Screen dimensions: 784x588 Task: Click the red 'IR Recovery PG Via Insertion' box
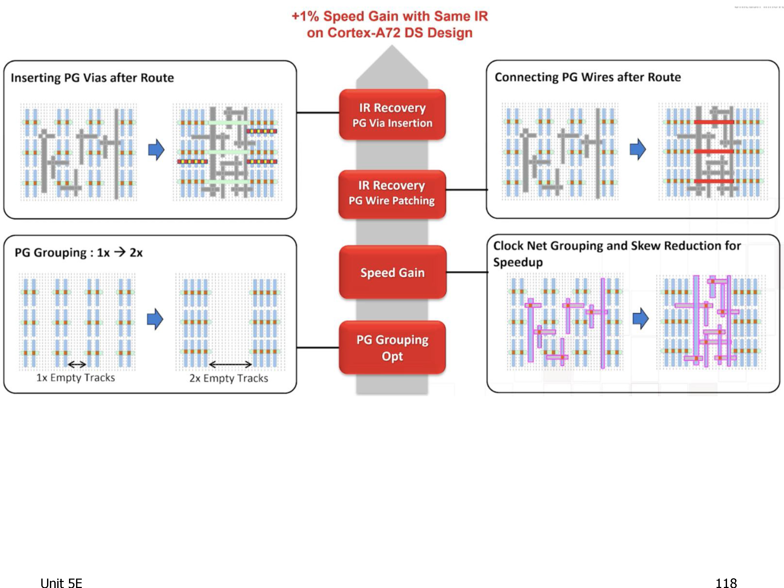(392, 114)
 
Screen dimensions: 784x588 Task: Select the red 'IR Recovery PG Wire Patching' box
(392, 194)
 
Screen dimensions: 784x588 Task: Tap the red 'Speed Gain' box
(392, 272)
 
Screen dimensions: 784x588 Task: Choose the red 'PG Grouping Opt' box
(392, 347)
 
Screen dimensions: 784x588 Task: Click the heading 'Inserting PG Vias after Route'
(92, 78)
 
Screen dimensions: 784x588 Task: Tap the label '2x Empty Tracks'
(229, 378)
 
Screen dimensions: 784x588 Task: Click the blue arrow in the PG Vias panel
(156, 149)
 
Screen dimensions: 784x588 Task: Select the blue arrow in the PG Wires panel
(638, 149)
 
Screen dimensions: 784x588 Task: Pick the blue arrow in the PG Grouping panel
(155, 319)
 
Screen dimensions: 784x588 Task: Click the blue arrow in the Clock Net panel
(641, 318)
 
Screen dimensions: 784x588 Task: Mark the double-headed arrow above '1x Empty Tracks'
(77, 364)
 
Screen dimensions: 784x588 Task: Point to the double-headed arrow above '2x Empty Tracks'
(230, 364)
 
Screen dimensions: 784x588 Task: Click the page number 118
(726, 583)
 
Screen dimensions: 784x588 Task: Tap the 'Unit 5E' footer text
(61, 583)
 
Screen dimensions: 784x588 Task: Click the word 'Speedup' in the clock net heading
(518, 263)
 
